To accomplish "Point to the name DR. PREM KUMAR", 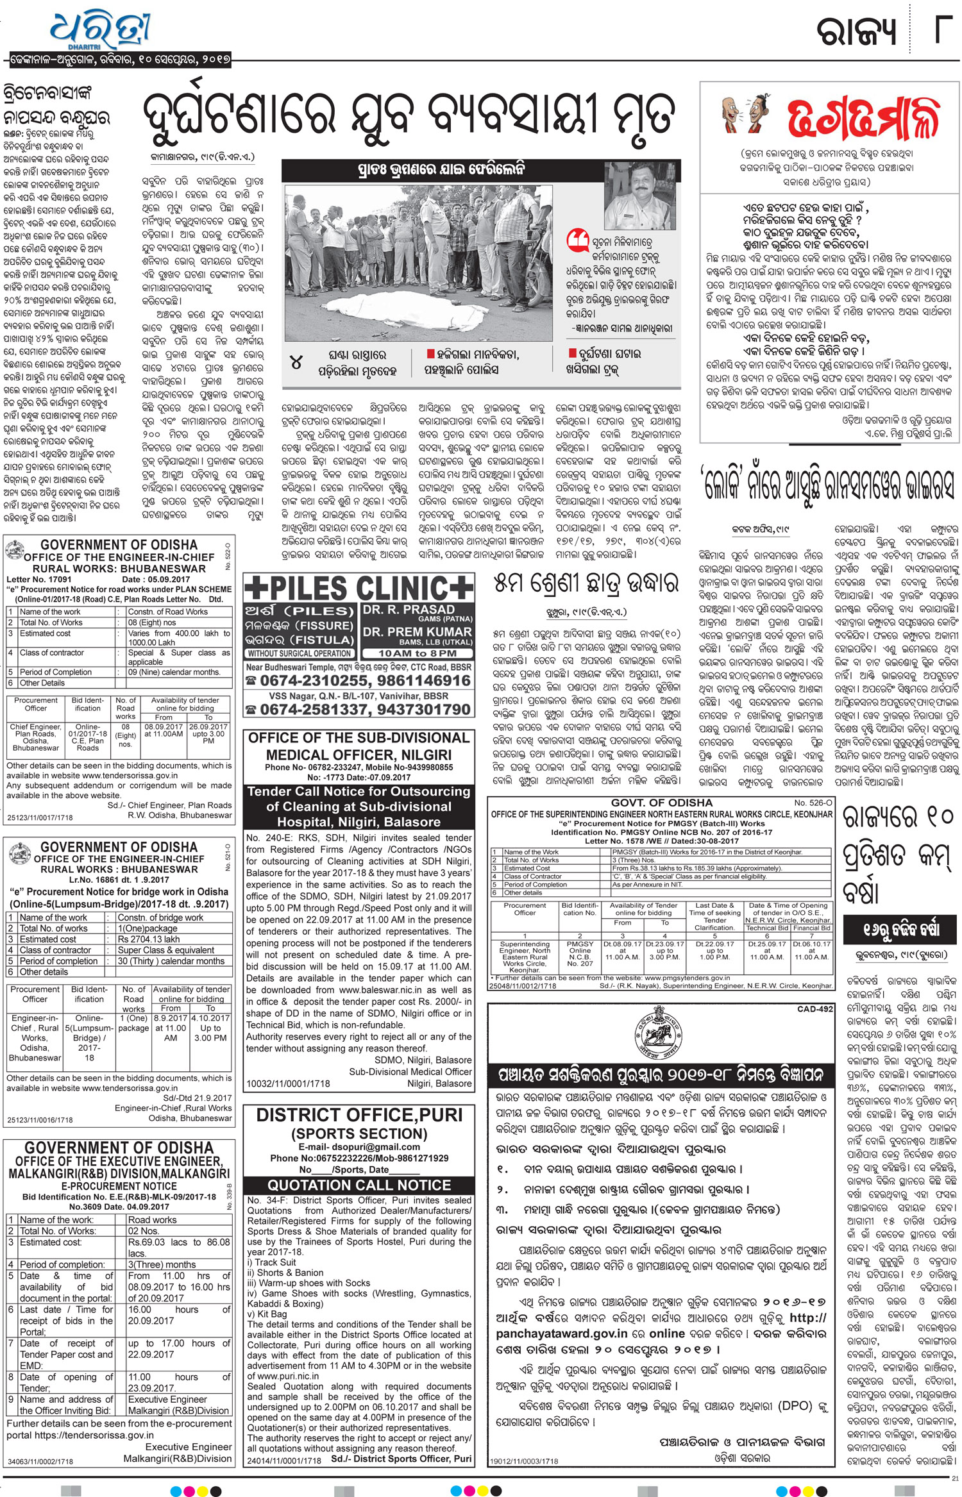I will click(x=418, y=631).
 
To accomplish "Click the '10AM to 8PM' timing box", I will click(x=418, y=653).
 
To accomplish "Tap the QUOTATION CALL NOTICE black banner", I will click(x=359, y=1185).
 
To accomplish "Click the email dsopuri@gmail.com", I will click(x=359, y=1146).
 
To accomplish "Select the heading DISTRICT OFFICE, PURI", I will click(x=359, y=1115).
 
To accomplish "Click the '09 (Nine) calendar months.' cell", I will click(x=174, y=672).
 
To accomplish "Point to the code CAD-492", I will click(x=814, y=1008).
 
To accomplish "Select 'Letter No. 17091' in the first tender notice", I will click(x=39, y=579).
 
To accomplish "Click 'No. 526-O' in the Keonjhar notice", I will click(x=813, y=803).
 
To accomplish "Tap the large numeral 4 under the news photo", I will click(x=296, y=362).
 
